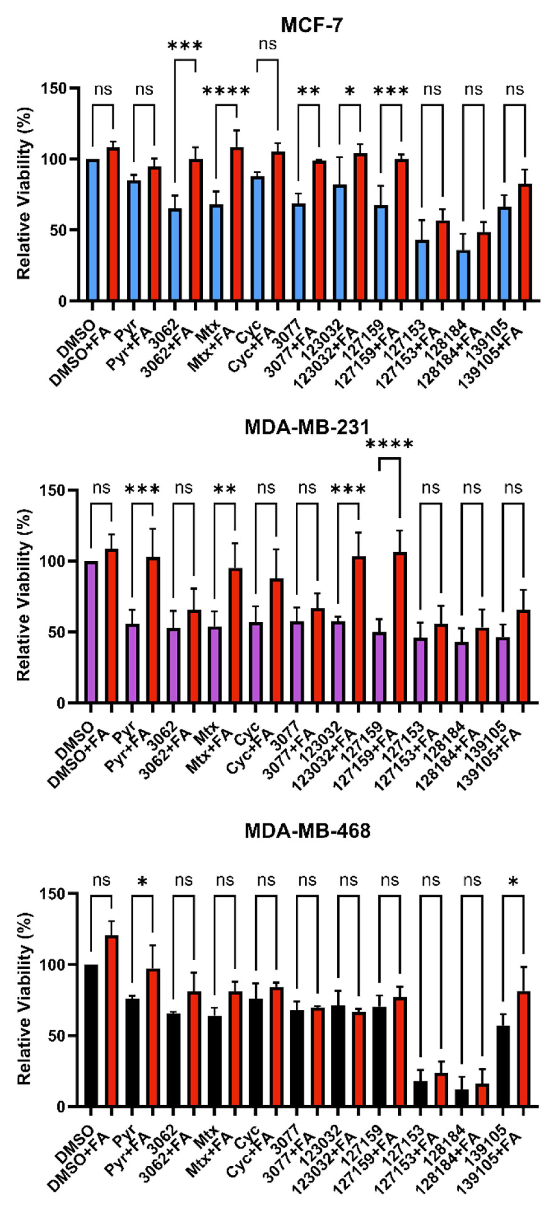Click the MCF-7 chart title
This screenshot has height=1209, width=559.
point(311,24)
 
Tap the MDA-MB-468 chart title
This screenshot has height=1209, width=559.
point(307,831)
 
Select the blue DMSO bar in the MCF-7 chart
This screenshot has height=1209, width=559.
point(92,230)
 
